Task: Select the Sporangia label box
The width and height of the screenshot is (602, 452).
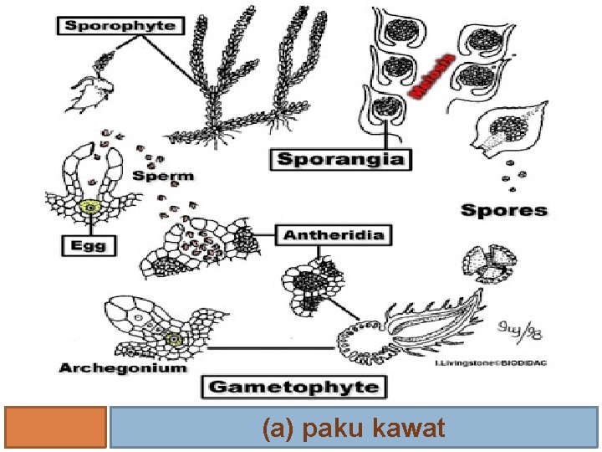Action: click(340, 157)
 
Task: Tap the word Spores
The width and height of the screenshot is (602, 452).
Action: click(504, 209)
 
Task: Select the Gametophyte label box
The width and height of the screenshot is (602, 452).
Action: click(293, 387)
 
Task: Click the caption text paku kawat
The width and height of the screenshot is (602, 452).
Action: click(354, 429)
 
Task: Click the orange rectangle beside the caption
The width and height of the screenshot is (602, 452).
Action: click(55, 428)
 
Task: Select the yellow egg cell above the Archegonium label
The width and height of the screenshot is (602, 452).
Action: click(173, 340)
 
